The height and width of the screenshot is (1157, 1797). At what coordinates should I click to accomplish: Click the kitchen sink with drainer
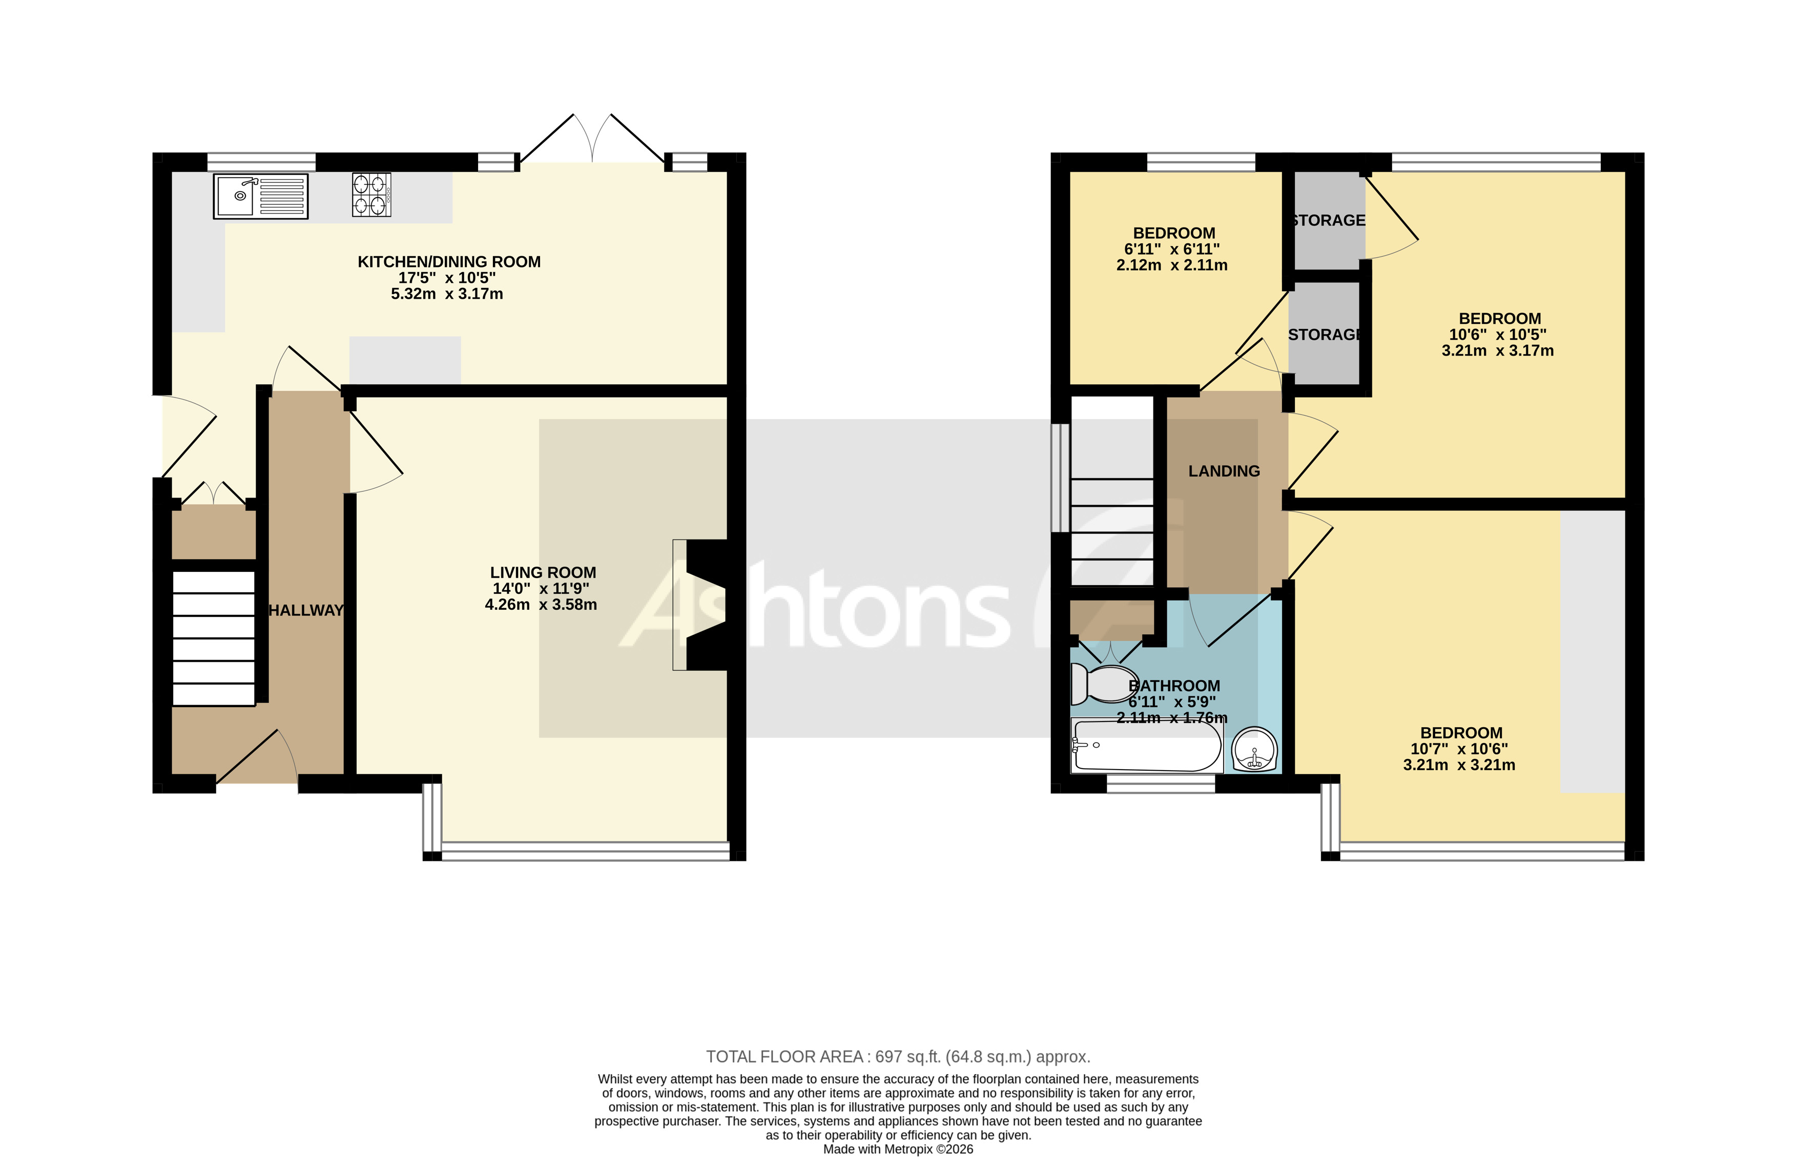point(260,196)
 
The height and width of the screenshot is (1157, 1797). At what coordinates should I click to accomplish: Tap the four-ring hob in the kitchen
point(371,195)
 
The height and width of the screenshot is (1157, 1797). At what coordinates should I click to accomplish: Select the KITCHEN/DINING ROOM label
point(448,261)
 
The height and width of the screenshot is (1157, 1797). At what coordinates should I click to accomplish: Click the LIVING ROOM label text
point(543,572)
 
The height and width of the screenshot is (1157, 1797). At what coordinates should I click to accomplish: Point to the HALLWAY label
point(306,610)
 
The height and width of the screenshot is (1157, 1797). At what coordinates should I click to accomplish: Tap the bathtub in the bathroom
point(1146,746)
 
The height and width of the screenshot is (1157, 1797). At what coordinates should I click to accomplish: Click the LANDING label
point(1223,471)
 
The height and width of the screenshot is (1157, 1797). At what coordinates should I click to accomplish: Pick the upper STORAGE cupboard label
point(1328,220)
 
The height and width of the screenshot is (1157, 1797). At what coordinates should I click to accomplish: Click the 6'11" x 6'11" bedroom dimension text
point(1171,249)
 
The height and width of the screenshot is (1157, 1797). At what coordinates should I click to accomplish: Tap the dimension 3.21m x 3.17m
point(1497,350)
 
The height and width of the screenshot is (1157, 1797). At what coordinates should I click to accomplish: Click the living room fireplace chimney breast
point(706,605)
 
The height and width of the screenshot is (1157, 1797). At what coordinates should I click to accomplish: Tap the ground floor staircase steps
point(213,638)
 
